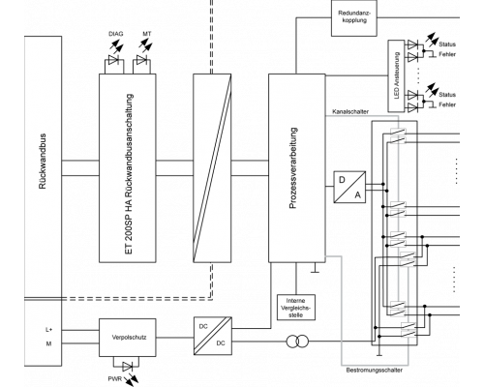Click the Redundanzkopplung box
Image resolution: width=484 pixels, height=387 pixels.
coord(354,17)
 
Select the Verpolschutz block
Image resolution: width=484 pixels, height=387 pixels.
coord(128,338)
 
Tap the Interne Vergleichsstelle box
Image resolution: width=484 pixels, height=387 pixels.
coord(296,308)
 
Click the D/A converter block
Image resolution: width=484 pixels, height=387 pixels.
coord(349,187)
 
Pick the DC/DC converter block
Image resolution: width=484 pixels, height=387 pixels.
coord(213,336)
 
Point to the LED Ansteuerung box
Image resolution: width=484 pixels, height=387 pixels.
coord(396,75)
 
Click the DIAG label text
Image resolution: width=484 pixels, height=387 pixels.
coord(116,34)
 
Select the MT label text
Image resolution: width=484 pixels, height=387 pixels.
coord(147,34)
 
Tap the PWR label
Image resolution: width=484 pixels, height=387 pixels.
coord(115,378)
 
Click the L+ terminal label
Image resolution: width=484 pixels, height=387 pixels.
coord(49,330)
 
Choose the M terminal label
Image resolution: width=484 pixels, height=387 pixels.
coord(48,343)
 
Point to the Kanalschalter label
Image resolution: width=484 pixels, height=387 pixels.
coord(350,112)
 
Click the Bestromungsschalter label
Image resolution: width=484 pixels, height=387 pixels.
coord(375,370)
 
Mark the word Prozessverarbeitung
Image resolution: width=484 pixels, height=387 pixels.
coord(293,168)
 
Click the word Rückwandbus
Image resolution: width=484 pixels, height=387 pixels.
coord(43,162)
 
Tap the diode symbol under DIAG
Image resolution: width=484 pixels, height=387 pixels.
coord(113,60)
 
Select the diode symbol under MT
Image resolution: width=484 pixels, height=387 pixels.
coord(141,60)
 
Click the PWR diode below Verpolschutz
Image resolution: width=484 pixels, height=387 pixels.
coord(127,367)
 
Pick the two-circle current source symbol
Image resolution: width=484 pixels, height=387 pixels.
coord(297,342)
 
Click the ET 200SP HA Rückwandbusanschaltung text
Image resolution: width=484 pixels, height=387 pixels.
coord(129,174)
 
